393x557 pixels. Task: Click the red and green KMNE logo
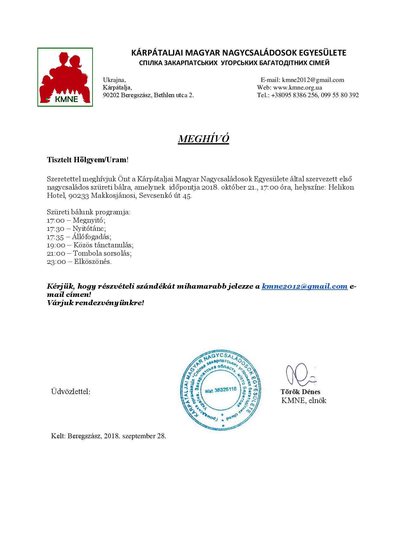coord(65,77)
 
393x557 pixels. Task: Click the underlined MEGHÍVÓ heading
coord(203,139)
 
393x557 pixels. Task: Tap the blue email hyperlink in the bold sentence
coord(305,286)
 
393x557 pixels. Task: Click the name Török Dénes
coord(300,392)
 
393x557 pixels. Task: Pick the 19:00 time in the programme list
coord(56,245)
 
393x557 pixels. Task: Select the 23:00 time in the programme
coord(56,262)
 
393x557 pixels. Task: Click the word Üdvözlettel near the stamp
coord(71,392)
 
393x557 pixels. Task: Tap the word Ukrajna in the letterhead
coord(114,80)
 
